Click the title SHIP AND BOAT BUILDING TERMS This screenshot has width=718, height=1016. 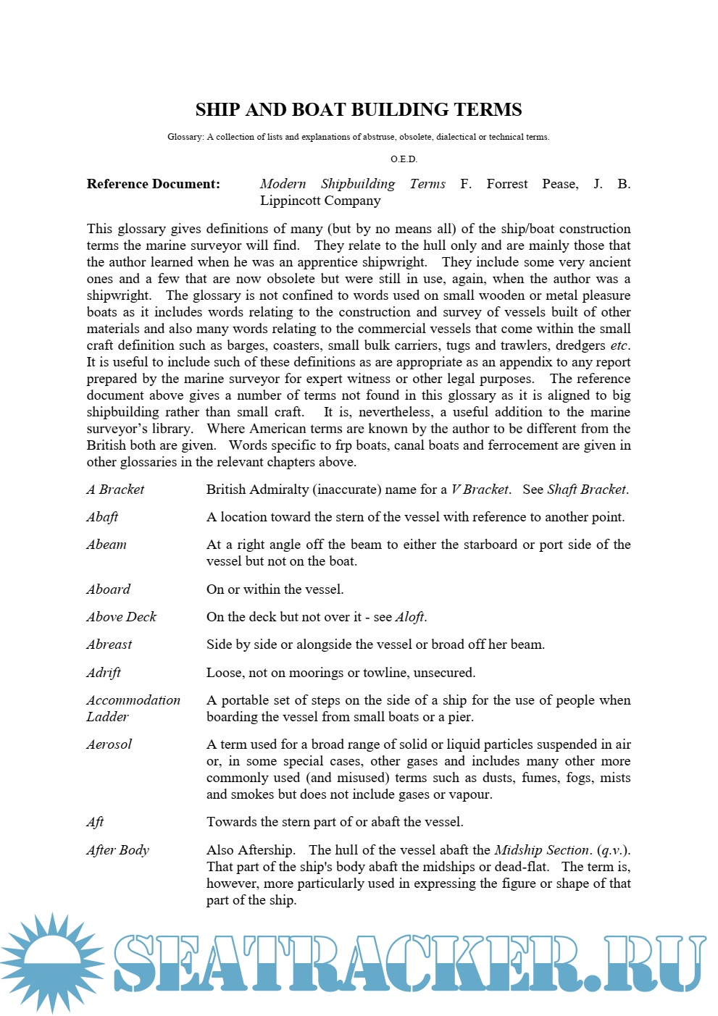pos(359,109)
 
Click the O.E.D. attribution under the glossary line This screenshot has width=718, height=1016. pos(404,159)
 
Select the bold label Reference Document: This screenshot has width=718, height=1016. pos(154,184)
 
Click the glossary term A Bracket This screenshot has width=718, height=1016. pos(115,490)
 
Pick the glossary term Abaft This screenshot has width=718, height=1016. pos(102,517)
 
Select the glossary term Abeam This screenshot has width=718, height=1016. pos(107,545)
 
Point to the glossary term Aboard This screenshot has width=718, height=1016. pos(109,589)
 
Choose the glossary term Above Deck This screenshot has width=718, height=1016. pos(121,617)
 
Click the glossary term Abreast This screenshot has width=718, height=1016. pos(109,645)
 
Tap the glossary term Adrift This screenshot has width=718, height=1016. pos(104,673)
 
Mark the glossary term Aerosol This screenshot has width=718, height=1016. pos(109,744)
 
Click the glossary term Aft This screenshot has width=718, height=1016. pos(95,822)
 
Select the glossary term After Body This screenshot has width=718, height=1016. pos(117,850)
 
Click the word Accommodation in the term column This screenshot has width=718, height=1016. pos(133,700)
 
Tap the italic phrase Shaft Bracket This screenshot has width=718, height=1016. pos(586,490)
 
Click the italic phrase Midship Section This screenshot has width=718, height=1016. pos(542,850)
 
